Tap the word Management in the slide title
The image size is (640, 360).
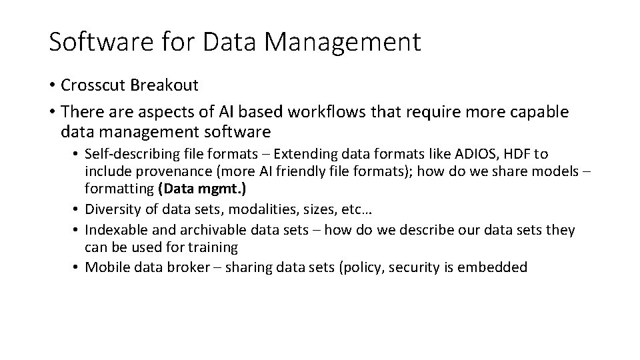click(343, 41)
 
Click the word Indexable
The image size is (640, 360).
click(115, 230)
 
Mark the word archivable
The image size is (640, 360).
click(195, 230)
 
